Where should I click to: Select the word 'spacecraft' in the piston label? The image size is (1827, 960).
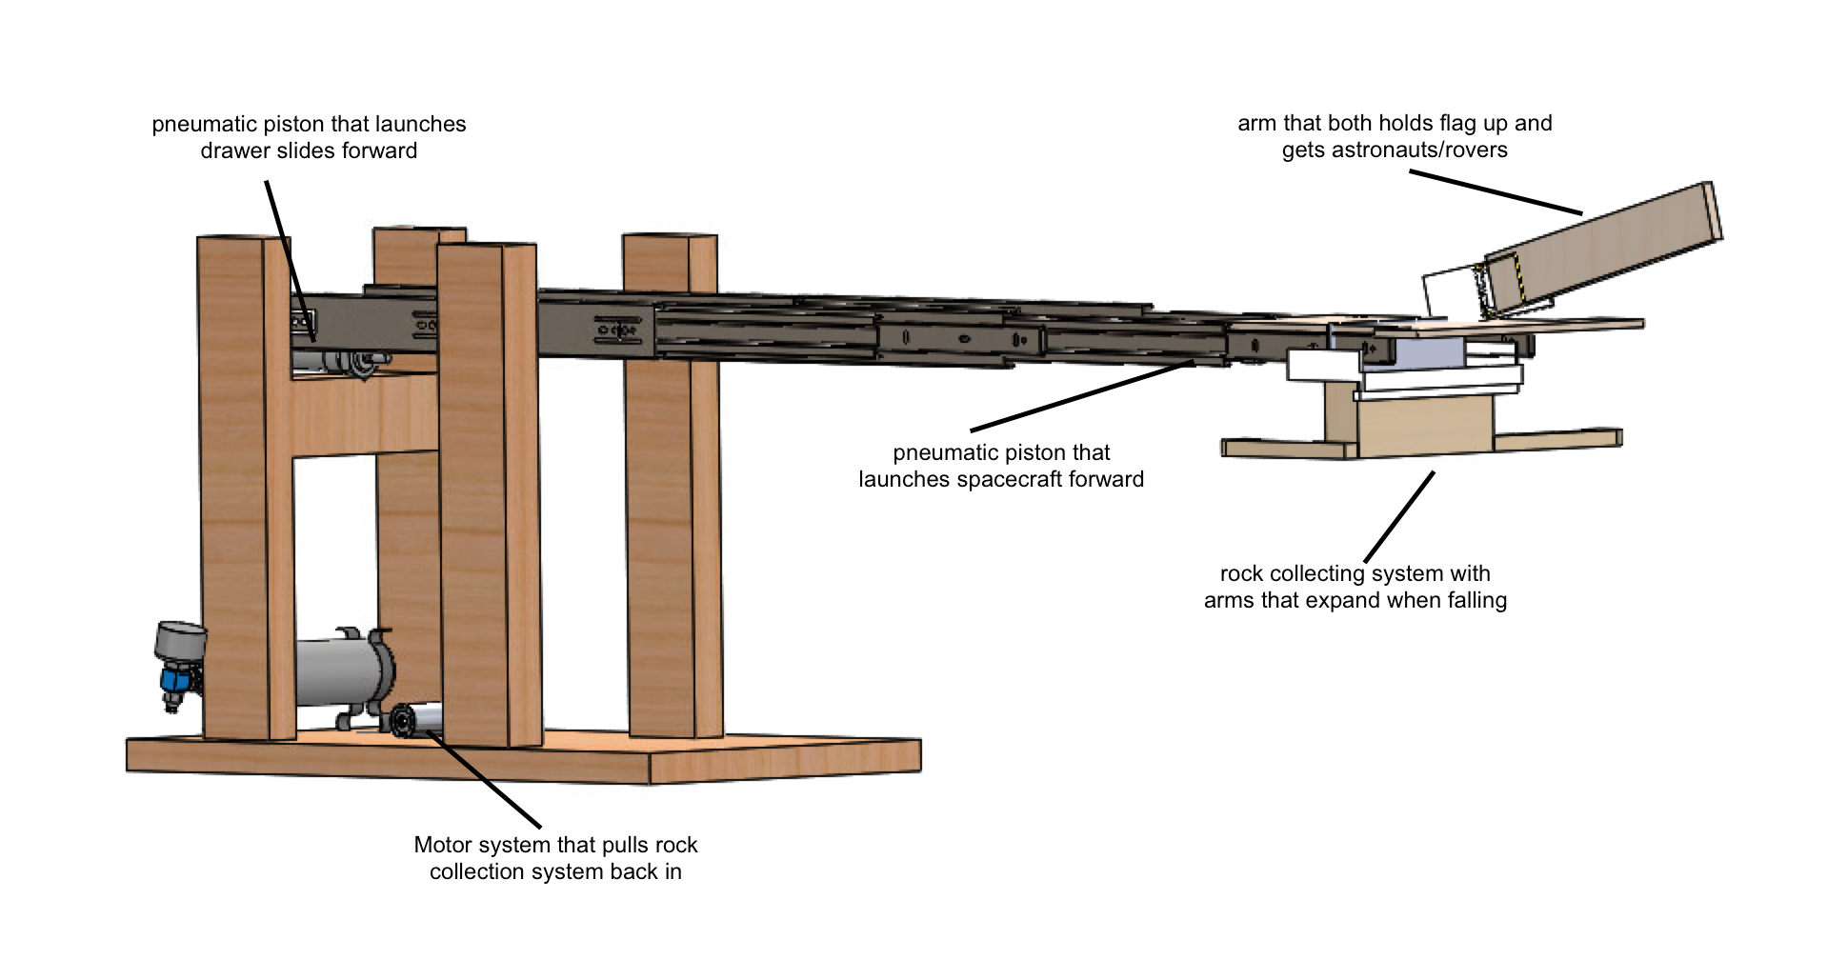click(1018, 479)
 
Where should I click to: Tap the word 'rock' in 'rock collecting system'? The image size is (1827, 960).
click(1241, 574)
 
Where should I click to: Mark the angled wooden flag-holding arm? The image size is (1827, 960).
click(1600, 250)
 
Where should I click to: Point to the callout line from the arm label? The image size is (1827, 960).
click(1496, 191)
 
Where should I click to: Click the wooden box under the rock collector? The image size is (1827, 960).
click(1424, 427)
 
